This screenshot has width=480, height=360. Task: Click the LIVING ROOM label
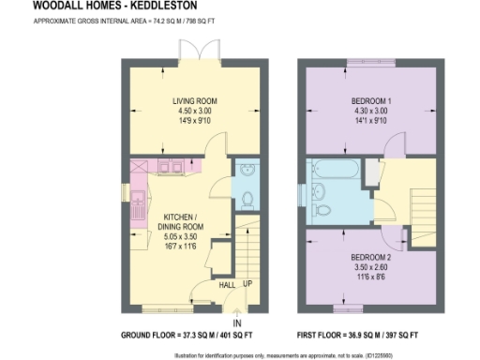pyautogui.click(x=194, y=99)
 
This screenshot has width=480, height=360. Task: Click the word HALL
pyautogui.click(x=227, y=285)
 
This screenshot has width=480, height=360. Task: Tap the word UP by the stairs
pyautogui.click(x=247, y=285)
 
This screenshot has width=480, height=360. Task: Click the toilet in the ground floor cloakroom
pyautogui.click(x=247, y=199)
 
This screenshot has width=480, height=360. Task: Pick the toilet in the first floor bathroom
pyautogui.click(x=324, y=209)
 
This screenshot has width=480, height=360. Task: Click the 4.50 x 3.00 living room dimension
pyautogui.click(x=194, y=111)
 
